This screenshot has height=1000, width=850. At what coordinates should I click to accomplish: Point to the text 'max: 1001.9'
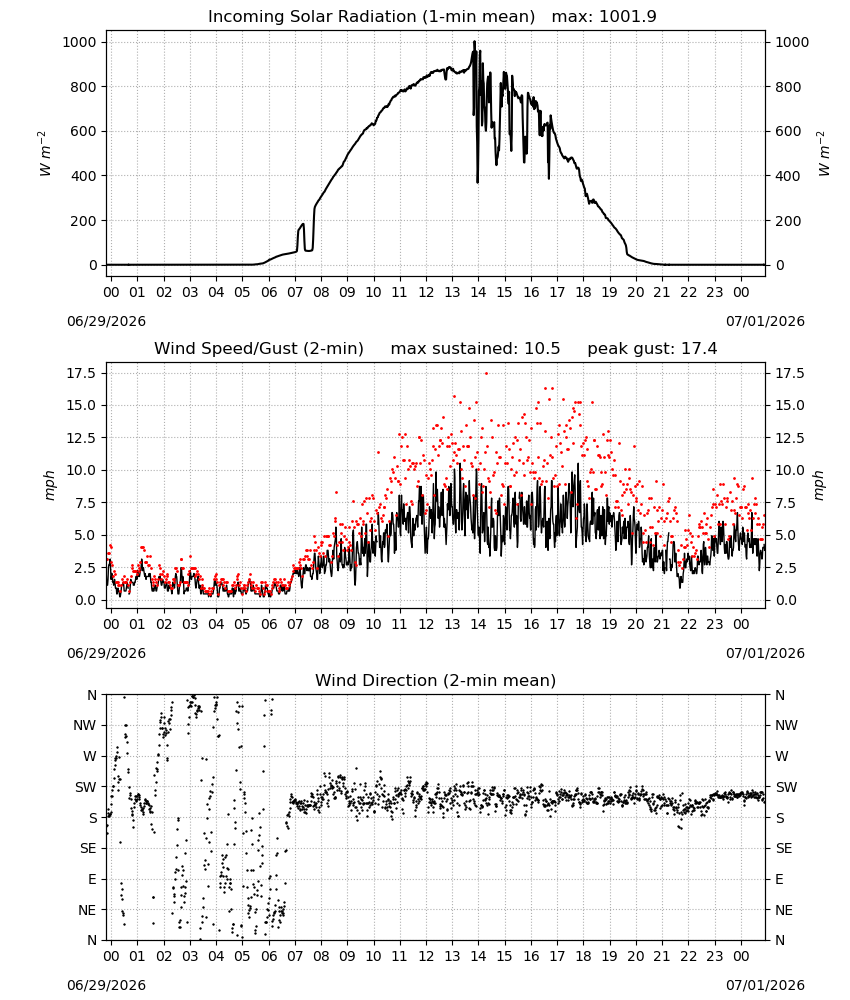[604, 17]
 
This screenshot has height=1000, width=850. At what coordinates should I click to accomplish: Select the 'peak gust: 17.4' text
[652, 349]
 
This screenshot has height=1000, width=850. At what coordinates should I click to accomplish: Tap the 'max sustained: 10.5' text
[475, 349]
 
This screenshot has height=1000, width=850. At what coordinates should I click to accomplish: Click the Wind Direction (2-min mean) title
[436, 680]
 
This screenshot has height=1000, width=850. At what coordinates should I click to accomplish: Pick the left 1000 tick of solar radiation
[79, 42]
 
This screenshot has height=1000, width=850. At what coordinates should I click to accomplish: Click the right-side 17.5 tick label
[789, 373]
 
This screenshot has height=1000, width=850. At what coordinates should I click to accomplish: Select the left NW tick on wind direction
[85, 725]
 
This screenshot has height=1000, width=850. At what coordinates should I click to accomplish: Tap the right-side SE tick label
[784, 848]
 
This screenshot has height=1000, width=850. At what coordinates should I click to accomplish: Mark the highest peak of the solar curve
[474, 42]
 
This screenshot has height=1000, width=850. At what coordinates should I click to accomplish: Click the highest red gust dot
[487, 374]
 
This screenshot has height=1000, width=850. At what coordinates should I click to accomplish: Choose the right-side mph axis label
[819, 485]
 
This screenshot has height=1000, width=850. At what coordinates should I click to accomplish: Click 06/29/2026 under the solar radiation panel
[106, 321]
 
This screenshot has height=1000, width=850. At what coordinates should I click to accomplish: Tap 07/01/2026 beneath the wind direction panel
[765, 985]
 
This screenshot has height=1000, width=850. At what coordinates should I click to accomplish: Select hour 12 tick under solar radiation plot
[426, 293]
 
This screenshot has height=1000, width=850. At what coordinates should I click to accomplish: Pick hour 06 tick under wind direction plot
[269, 956]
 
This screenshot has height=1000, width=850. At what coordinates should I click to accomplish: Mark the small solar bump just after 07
[301, 235]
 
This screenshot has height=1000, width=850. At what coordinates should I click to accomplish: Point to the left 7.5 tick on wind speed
[85, 503]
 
